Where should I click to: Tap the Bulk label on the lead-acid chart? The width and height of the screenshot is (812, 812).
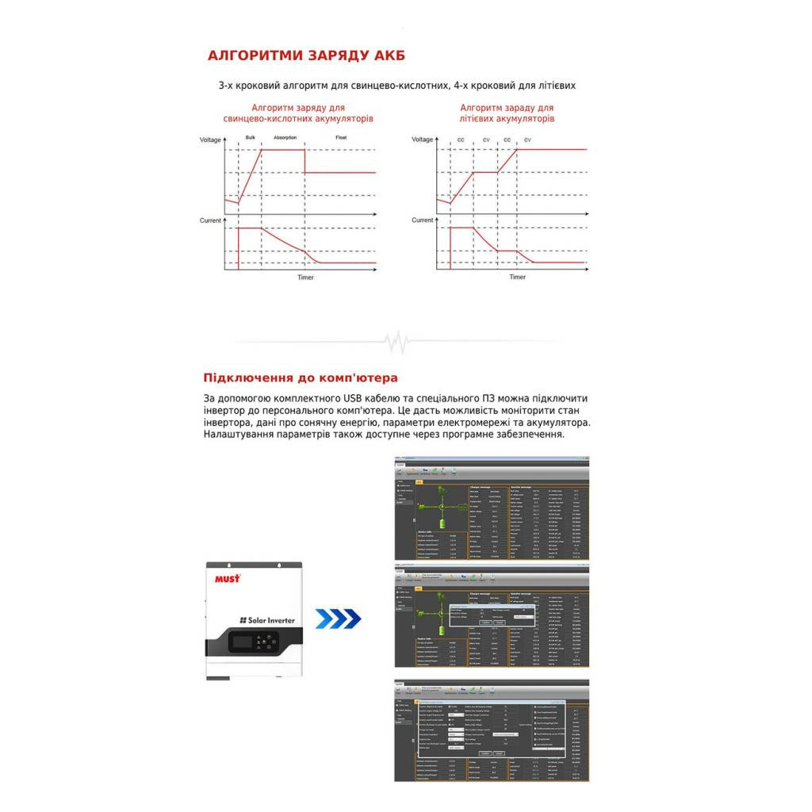point(250,137)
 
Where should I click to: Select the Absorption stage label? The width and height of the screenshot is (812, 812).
point(285,137)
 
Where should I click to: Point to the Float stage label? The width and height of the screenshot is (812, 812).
point(341,137)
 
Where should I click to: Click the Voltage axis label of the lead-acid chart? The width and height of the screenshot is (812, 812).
point(210,140)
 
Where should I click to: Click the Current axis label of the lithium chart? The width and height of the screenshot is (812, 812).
point(423,220)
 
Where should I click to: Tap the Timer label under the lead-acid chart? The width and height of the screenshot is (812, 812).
point(305,278)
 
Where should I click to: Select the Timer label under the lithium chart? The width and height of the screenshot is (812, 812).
point(517,278)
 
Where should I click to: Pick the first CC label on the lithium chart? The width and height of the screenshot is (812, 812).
point(461,140)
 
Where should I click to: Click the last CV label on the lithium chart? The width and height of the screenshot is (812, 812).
point(527,140)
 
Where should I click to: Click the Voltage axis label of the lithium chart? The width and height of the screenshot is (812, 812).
point(423,140)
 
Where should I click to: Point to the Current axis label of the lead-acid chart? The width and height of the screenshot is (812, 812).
point(210,220)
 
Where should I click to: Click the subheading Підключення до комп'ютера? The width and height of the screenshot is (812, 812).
point(301,377)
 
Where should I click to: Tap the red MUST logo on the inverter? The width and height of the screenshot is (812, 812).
point(227,579)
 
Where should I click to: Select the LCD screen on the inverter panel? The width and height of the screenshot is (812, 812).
point(248,640)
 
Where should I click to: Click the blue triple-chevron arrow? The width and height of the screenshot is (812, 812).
point(338,619)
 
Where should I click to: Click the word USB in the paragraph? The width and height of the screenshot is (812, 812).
point(354,397)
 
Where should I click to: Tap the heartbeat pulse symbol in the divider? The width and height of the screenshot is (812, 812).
point(396,343)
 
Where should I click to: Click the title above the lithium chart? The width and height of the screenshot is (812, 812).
point(507,113)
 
